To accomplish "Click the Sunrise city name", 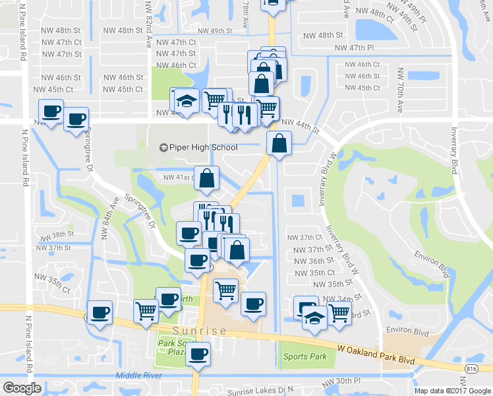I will click(x=200, y=331).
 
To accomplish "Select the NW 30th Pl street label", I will click(x=341, y=382).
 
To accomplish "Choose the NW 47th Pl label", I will click(x=354, y=48).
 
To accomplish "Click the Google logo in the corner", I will click(x=22, y=387).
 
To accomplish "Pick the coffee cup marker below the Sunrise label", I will click(x=197, y=354).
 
